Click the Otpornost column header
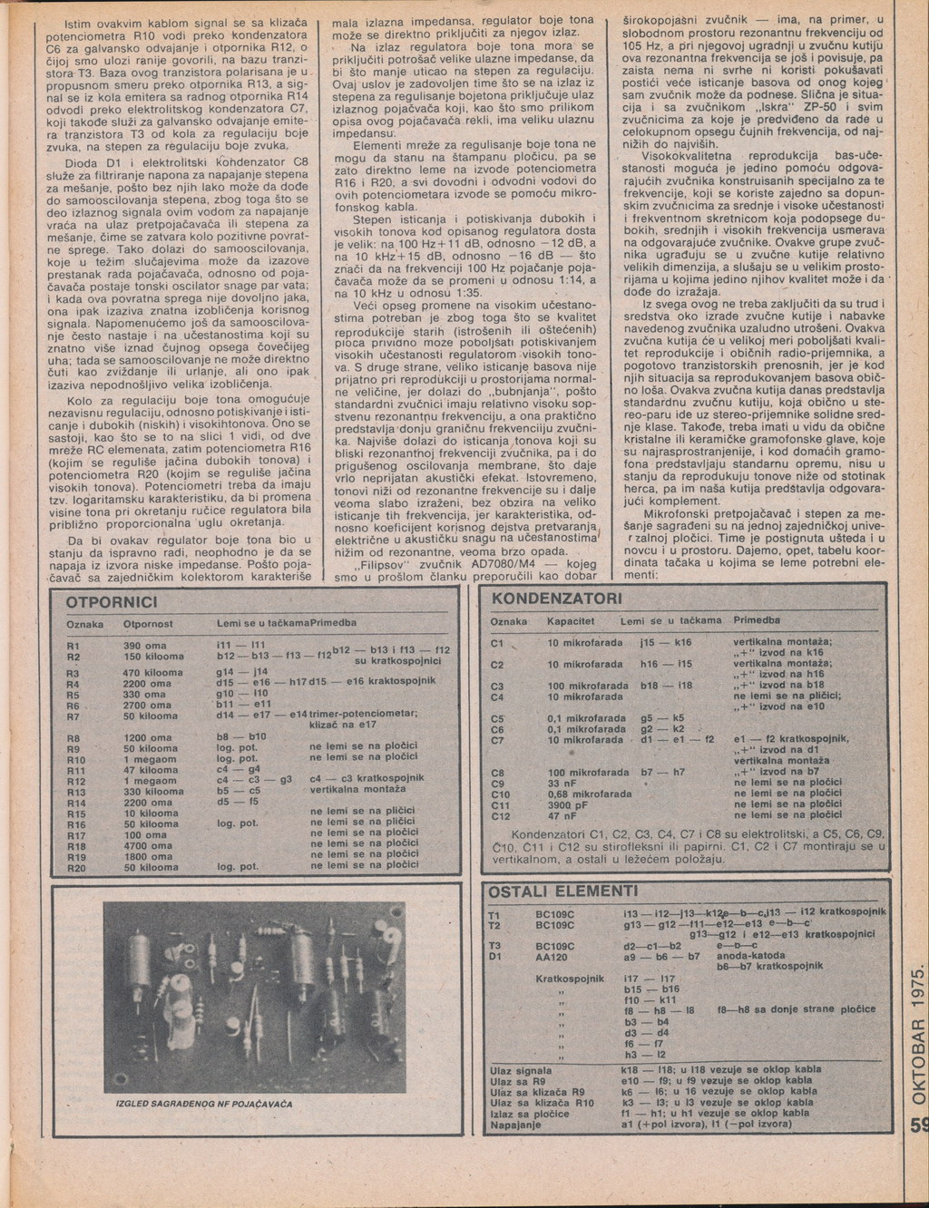pyautogui.click(x=147, y=624)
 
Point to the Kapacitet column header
pyautogui.click(x=571, y=620)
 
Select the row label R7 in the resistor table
pyautogui.click(x=74, y=716)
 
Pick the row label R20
pyautogui.click(x=75, y=868)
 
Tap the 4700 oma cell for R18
pyautogui.click(x=148, y=845)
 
